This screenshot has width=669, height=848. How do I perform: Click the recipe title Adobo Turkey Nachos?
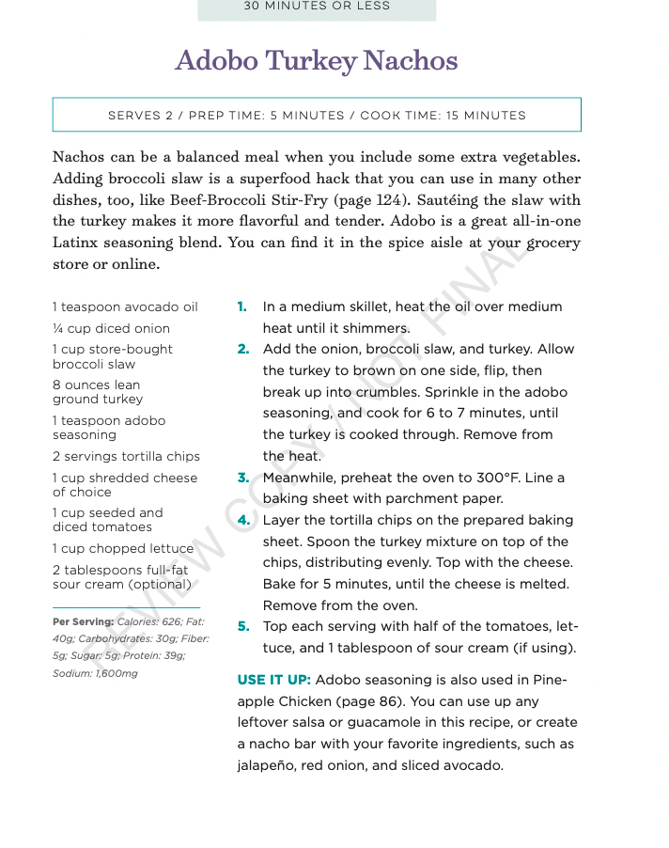pos(317,61)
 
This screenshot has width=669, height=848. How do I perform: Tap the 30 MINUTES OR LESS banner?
pos(317,7)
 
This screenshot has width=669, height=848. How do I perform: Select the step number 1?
pos(242,306)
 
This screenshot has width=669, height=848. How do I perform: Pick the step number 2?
pos(242,349)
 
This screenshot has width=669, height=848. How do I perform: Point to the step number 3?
pos(242,478)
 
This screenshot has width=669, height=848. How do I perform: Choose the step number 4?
pos(242,520)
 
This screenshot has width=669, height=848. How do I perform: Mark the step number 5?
pos(242,626)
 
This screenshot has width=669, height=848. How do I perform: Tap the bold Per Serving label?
pos(83,621)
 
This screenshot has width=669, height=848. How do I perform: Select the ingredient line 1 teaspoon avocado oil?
pos(125,307)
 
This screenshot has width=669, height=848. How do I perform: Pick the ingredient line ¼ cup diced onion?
pos(112,328)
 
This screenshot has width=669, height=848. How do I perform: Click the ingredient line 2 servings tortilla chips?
pos(126,456)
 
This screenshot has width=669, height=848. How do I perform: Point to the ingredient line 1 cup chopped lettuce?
pos(123,548)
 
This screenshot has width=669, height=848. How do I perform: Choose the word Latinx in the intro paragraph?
pos(78,243)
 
